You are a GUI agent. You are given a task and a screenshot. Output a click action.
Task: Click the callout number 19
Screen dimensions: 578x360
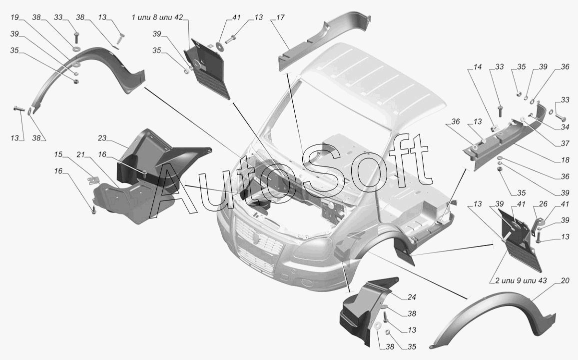(x=14, y=17)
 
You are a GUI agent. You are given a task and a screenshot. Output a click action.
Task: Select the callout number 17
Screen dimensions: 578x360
(x=280, y=17)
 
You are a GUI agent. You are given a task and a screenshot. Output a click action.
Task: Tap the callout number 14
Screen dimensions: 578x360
(x=478, y=67)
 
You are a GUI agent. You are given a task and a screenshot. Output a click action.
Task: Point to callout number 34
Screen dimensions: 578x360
(x=565, y=127)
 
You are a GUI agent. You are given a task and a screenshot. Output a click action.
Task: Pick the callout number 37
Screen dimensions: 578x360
(x=565, y=143)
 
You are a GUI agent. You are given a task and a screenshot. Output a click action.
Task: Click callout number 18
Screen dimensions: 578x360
(x=565, y=160)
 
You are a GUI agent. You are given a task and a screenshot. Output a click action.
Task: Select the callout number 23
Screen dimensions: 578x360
(x=102, y=138)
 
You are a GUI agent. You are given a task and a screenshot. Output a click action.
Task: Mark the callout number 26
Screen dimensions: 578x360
(x=543, y=204)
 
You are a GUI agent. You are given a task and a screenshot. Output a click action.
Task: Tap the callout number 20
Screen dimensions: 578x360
(x=565, y=280)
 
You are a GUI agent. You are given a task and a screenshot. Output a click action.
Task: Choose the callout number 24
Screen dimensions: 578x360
(x=412, y=297)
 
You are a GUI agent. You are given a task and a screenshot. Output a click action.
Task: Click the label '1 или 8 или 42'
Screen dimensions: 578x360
(x=157, y=17)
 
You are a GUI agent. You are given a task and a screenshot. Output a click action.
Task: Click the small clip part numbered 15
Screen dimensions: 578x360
(x=93, y=180)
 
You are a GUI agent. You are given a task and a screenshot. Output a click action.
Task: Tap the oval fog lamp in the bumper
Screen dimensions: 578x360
(x=307, y=283)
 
